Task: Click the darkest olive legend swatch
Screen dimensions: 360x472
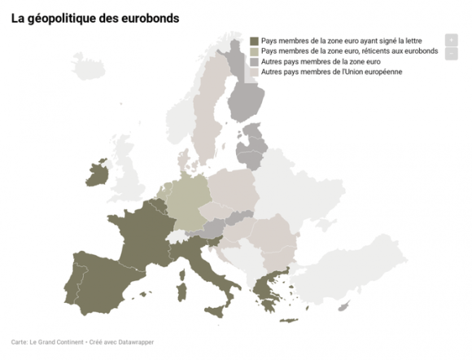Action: (x=255, y=41)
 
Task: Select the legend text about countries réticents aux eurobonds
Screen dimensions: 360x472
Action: (x=350, y=51)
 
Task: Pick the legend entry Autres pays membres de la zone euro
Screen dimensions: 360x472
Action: (x=325, y=62)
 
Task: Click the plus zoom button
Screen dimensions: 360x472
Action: (x=451, y=40)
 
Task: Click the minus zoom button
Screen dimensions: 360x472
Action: (x=451, y=54)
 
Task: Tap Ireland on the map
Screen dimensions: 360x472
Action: (x=96, y=173)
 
